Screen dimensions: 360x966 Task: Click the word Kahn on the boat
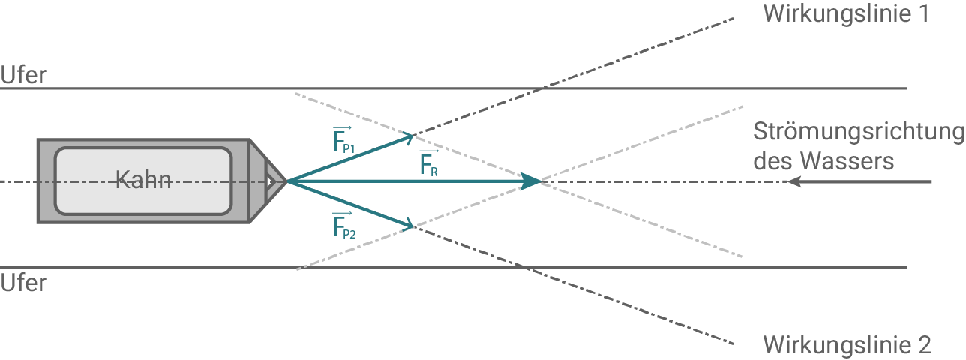pos(143,181)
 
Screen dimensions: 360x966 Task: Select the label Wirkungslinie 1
pos(846,14)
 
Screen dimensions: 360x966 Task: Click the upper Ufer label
pos(22,75)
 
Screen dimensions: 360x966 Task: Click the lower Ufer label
pos(22,283)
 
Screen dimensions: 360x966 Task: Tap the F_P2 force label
pos(343,226)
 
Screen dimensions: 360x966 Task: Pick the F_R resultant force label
pos(428,163)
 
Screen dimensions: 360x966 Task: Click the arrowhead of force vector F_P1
pos(409,136)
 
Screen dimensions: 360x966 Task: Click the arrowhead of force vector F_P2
pos(409,225)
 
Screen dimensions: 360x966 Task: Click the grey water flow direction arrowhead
pos(793,181)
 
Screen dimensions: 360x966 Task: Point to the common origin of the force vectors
pos(289,181)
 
